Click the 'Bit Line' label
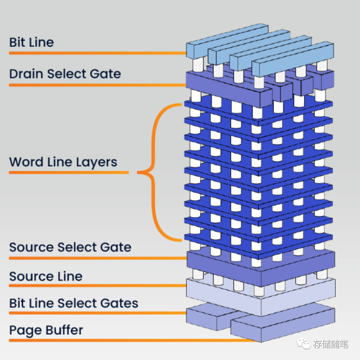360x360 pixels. [31, 42]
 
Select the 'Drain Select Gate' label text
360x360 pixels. [65, 74]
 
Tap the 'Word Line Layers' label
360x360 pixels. [63, 162]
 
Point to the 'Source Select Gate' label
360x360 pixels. [70, 247]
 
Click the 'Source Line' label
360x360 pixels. [46, 276]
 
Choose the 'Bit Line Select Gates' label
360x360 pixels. [74, 303]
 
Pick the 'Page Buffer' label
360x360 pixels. [46, 330]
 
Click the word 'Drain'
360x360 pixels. [26, 74]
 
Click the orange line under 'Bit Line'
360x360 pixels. [97, 53]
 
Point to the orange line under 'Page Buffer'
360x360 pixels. [133, 340]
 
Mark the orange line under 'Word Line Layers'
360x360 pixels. [68, 172]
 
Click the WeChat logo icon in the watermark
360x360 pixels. [303, 343]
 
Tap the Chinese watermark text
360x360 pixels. [330, 344]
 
